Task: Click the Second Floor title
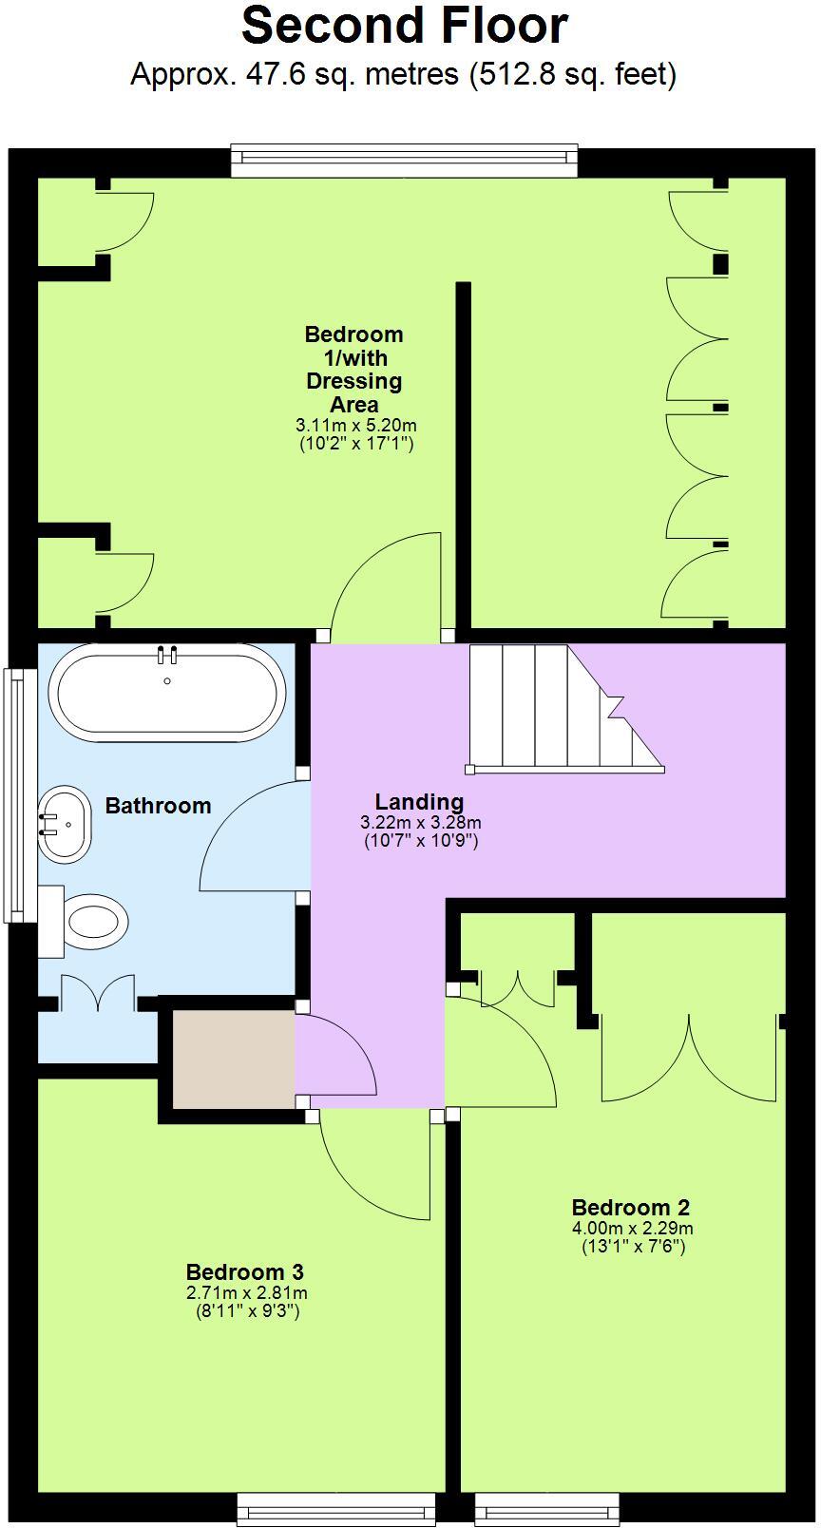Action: coord(405,27)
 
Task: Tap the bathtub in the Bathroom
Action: coord(167,692)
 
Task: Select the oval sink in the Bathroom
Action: coord(65,823)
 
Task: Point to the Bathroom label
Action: coord(158,806)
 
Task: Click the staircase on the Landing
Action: coord(561,708)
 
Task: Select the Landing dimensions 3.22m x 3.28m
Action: coord(420,823)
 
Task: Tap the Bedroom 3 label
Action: coord(244,1271)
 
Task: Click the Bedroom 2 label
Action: coord(631,1208)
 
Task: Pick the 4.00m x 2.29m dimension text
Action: coord(632,1228)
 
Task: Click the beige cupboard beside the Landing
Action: coord(233,1058)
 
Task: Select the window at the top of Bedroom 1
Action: coord(405,161)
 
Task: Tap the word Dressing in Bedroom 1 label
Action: coord(353,381)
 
